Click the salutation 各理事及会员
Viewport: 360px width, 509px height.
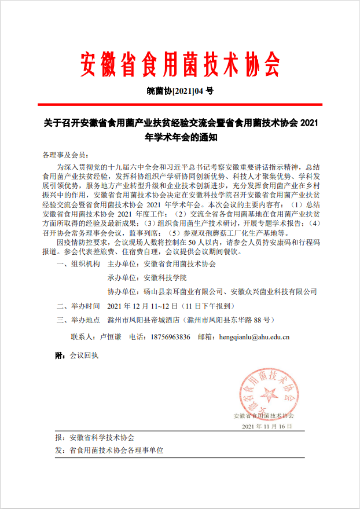click(x=64, y=155)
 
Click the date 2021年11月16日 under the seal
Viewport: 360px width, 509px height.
click(x=267, y=426)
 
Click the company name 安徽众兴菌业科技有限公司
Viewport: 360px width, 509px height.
click(x=274, y=291)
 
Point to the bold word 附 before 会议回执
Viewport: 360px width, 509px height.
click(x=58, y=355)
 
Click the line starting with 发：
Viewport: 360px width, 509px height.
click(x=109, y=450)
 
